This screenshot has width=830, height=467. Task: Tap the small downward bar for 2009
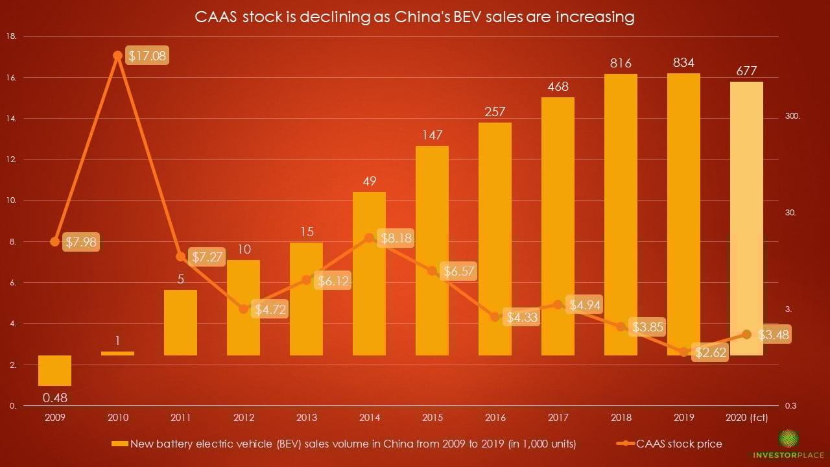click(x=54, y=370)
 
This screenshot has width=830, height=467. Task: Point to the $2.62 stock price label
click(x=709, y=352)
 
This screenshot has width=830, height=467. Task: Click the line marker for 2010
click(x=117, y=56)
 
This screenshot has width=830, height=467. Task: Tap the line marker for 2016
click(x=495, y=317)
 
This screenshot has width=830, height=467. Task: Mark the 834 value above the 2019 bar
click(x=684, y=63)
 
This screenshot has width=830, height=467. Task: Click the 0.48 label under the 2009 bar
click(x=54, y=395)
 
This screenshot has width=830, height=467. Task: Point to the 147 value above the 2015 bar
click(x=432, y=135)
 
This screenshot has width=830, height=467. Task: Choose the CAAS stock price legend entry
click(x=679, y=444)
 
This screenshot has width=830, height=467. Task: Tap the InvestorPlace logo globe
click(x=789, y=438)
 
